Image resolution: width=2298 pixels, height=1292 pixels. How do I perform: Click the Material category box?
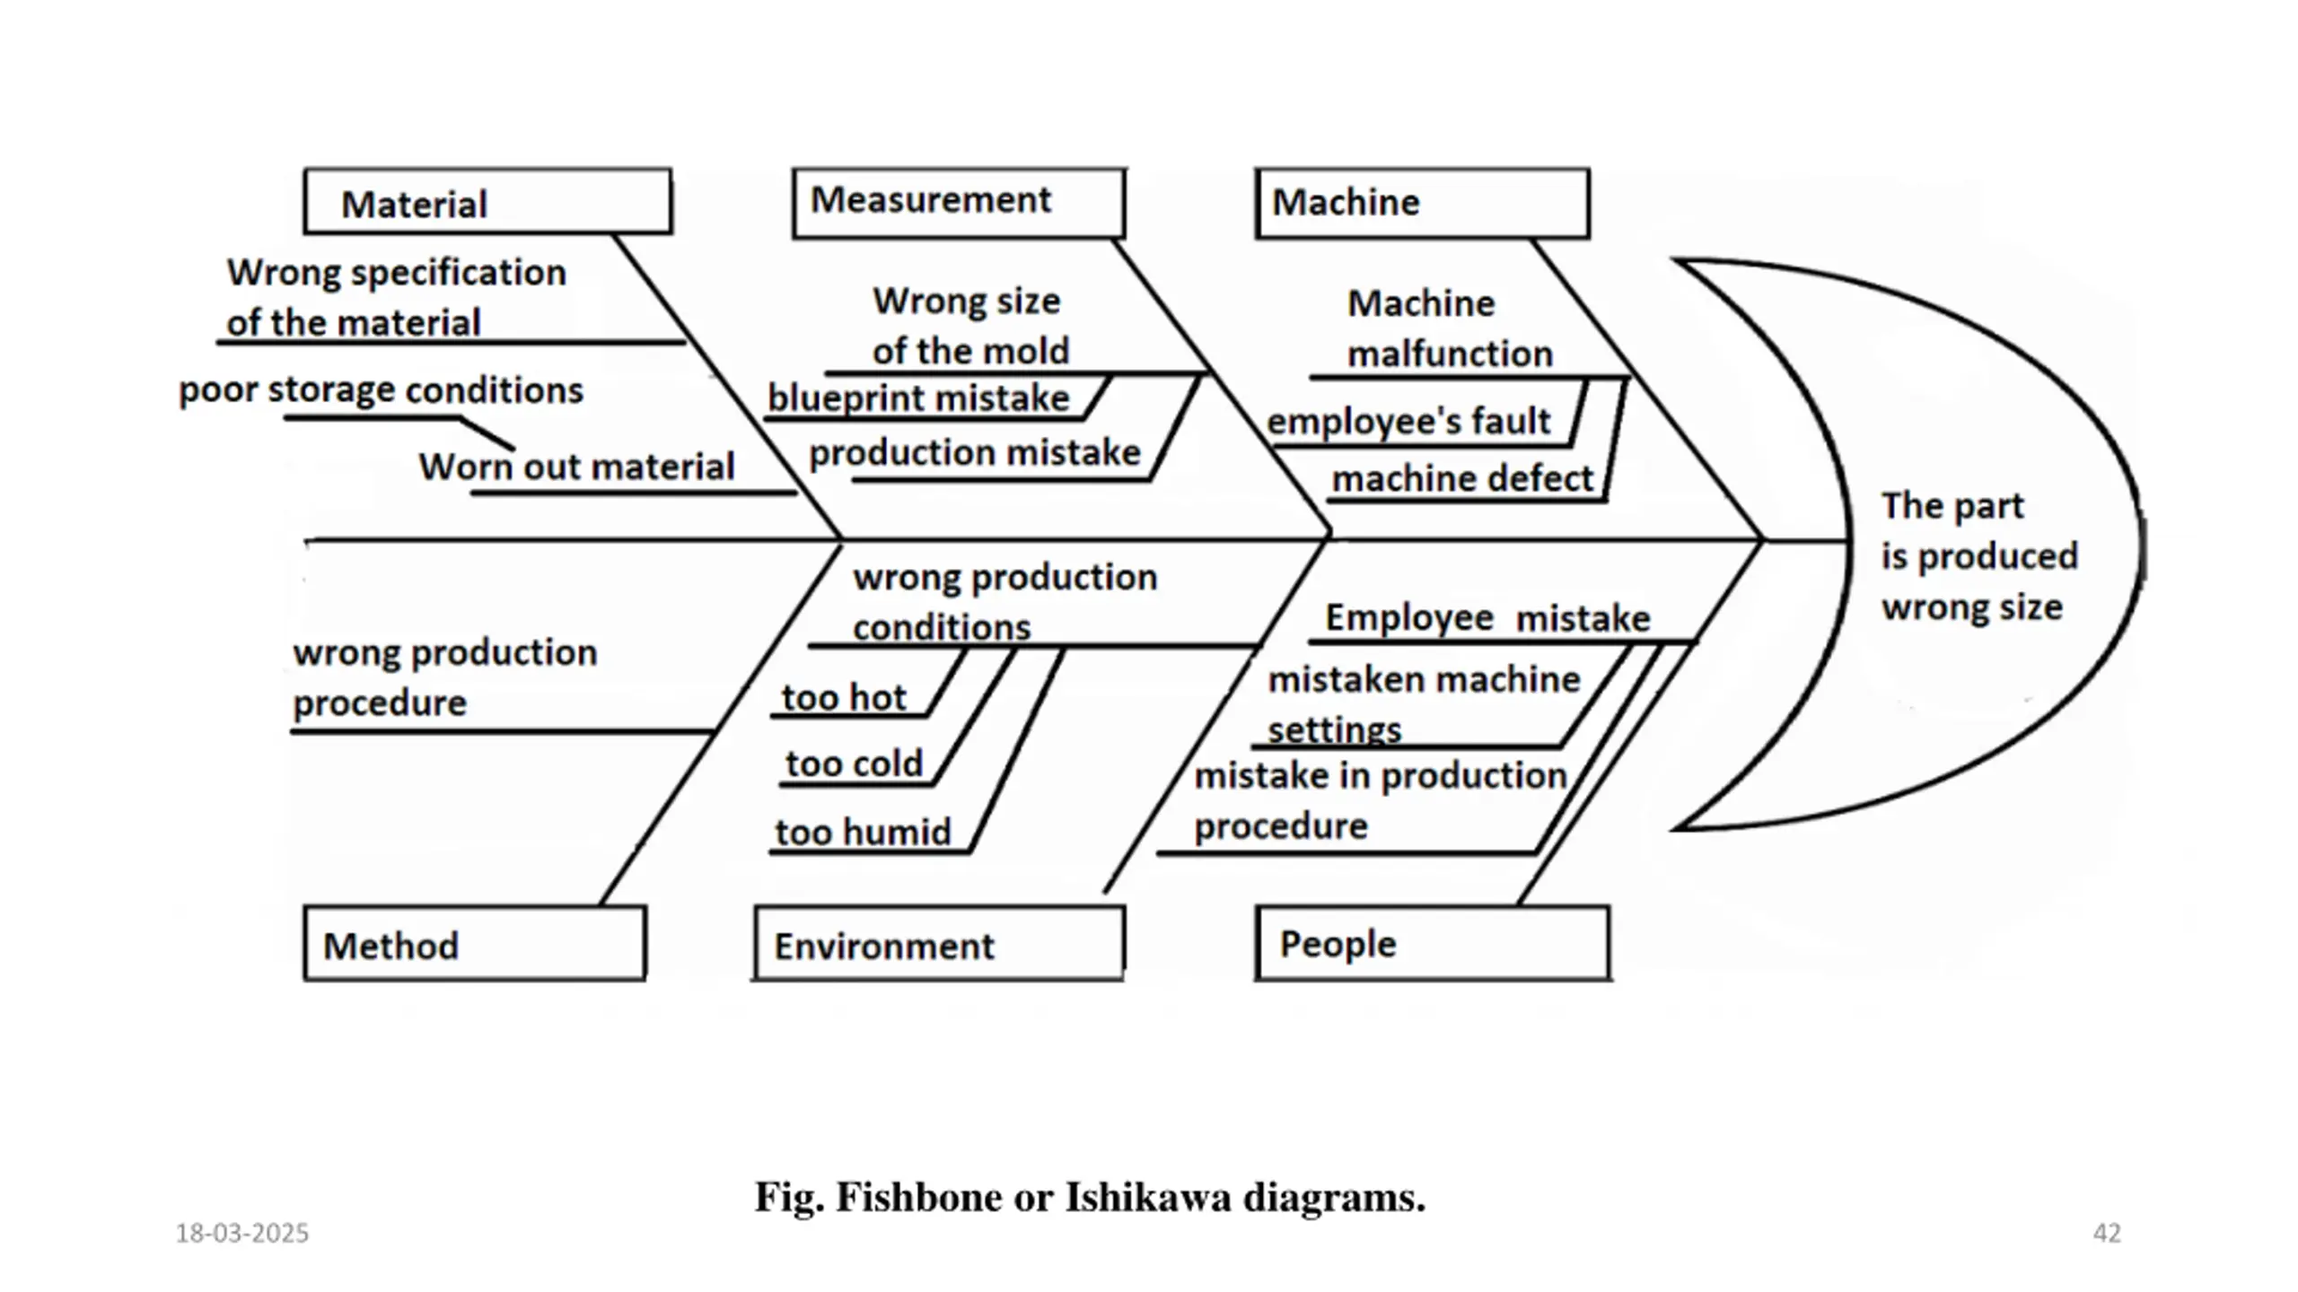[x=487, y=202]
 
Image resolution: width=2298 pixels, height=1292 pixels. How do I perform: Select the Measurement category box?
[x=959, y=203]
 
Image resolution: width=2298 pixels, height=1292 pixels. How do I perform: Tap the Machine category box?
[x=1422, y=203]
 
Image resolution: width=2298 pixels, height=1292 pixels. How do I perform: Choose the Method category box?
[x=474, y=943]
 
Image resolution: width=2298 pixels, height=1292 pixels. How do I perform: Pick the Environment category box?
[x=939, y=943]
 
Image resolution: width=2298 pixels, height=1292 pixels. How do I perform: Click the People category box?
[x=1433, y=943]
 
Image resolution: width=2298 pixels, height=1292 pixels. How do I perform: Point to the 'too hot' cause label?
[x=844, y=697]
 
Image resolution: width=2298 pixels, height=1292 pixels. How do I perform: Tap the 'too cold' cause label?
[x=854, y=764]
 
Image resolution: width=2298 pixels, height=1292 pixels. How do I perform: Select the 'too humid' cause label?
[x=863, y=832]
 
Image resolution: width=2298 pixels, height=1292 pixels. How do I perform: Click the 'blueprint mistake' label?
[x=918, y=397]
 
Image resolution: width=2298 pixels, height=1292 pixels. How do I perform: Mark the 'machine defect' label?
[x=1462, y=478]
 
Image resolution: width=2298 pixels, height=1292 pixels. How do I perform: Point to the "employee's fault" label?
[x=1408, y=421]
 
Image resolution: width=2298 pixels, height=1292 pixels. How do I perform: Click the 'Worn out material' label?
[x=576, y=467]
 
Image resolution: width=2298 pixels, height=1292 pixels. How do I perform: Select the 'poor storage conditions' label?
[x=381, y=390]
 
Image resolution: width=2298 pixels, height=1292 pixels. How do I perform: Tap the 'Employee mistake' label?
[x=1487, y=617]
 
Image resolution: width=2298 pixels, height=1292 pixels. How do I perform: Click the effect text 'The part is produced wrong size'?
[x=1979, y=556]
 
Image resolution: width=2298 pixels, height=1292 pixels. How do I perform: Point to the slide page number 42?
[x=2107, y=1233]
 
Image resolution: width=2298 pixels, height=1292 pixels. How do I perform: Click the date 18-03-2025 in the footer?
[x=242, y=1234]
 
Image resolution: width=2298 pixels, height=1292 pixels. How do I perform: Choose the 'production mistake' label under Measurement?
[x=975, y=452]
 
